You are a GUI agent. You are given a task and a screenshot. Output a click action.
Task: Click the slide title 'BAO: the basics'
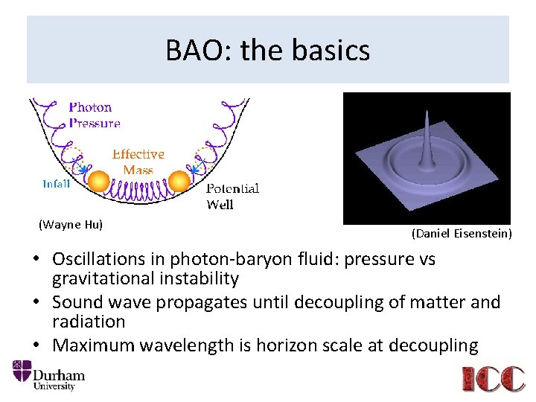click(267, 51)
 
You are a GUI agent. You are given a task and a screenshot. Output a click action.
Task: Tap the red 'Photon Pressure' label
click(94, 115)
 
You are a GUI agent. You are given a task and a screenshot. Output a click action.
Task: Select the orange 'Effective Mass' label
click(138, 162)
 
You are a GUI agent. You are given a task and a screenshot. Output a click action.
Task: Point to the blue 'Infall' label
click(57, 183)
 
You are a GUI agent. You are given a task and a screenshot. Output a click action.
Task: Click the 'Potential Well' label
click(232, 196)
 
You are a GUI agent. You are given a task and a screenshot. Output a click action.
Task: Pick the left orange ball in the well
click(98, 181)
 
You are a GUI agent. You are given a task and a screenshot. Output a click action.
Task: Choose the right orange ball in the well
click(179, 181)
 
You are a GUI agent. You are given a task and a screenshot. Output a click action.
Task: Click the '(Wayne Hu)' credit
click(71, 223)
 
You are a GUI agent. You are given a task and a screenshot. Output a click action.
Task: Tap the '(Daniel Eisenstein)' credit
click(462, 234)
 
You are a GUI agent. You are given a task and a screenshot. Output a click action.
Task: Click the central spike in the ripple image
click(426, 141)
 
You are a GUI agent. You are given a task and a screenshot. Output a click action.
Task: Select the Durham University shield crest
click(22, 374)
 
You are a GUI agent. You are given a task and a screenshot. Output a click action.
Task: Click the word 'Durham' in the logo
click(60, 374)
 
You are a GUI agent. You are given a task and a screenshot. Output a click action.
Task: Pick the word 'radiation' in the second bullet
click(89, 322)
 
